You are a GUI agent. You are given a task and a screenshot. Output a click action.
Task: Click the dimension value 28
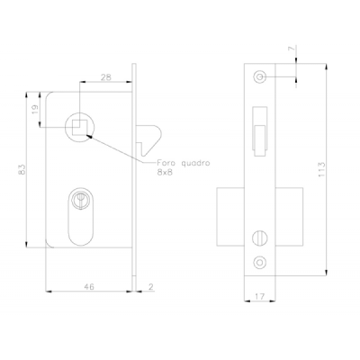click(105, 77)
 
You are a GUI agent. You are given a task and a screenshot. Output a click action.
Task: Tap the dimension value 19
click(34, 110)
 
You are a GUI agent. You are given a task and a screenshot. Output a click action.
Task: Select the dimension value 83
click(22, 169)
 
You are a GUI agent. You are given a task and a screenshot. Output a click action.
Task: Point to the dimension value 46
click(89, 287)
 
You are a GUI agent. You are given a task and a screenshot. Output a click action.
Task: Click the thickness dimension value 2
click(151, 287)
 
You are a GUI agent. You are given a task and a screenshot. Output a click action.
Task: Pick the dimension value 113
click(321, 169)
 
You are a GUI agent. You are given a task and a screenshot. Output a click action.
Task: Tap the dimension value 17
click(260, 296)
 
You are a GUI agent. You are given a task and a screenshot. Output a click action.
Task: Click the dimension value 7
click(292, 49)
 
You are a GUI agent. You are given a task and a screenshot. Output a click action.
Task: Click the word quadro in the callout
click(196, 164)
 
